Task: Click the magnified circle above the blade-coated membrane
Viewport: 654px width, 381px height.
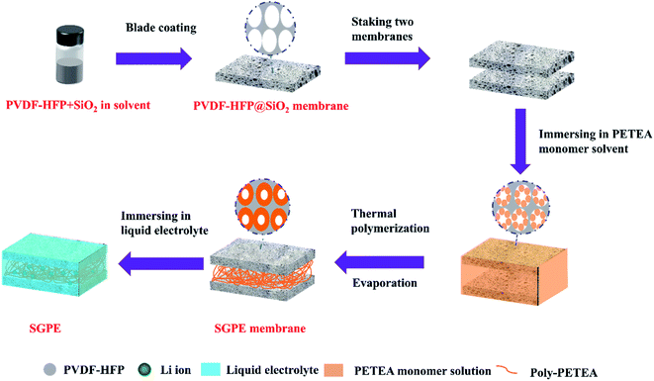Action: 261,27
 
